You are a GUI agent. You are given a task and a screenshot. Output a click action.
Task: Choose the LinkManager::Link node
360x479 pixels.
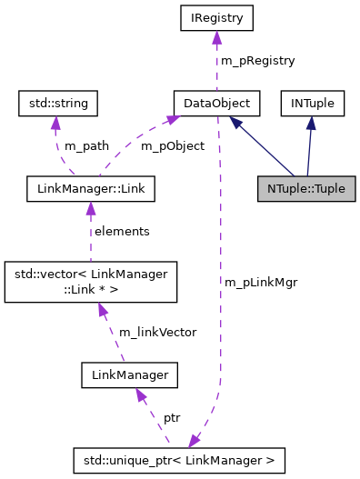(90, 189)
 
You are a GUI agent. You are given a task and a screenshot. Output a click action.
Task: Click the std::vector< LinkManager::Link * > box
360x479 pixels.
(90, 282)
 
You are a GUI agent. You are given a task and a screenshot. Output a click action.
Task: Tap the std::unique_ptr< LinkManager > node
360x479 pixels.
(179, 460)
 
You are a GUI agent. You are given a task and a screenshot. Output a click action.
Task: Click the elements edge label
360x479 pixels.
(123, 232)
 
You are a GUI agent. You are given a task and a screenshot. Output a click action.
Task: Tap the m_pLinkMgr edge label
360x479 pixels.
(261, 282)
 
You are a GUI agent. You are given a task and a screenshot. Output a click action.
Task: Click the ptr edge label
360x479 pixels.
(172, 418)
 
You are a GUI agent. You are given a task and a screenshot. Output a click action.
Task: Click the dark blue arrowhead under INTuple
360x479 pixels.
(311, 123)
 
